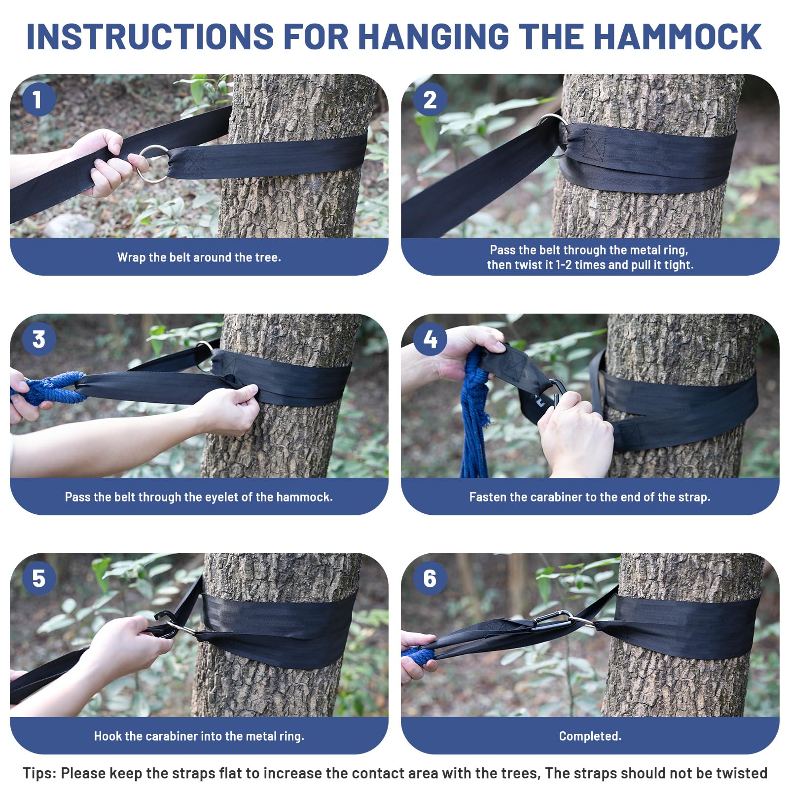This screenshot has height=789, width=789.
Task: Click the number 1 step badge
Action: click(38, 100)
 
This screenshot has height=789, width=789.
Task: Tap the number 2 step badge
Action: click(430, 100)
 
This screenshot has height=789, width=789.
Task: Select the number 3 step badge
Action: click(38, 339)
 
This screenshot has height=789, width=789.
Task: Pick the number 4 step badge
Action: click(430, 339)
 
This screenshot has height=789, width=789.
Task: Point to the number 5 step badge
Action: click(38, 578)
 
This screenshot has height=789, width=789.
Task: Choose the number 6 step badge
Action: click(430, 578)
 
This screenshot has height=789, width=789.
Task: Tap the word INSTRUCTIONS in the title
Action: click(150, 36)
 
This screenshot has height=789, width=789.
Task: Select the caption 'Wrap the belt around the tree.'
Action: click(199, 257)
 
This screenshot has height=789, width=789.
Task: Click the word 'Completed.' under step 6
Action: click(590, 736)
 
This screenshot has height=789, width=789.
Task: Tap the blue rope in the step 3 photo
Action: click(47, 388)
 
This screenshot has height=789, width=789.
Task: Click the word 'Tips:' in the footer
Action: click(39, 773)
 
